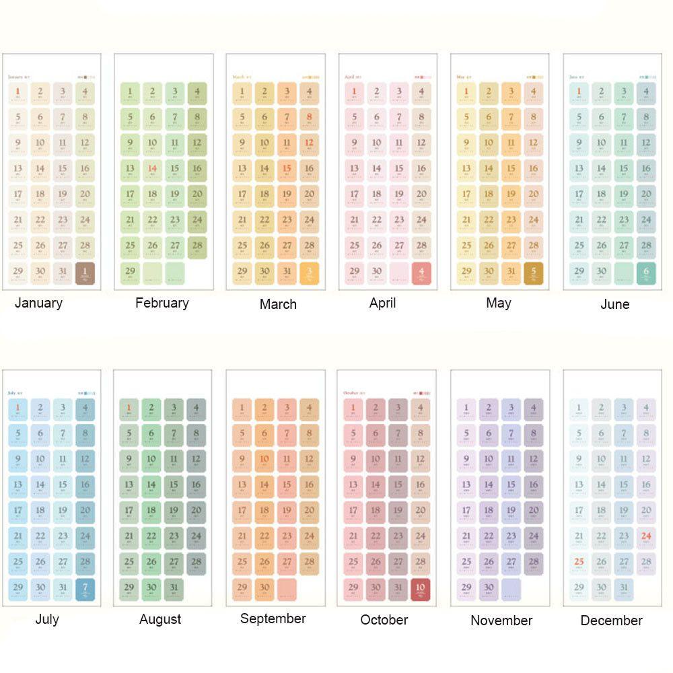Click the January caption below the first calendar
point(38,303)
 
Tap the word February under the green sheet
point(162,303)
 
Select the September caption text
point(273,618)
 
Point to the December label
point(611,621)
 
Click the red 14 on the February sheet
point(153,169)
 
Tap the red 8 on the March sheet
point(309,118)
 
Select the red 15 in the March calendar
point(287,169)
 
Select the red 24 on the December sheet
point(646,537)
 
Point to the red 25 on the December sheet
point(579,563)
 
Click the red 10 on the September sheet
point(264,460)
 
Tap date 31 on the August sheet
point(174,589)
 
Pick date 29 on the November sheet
point(466,589)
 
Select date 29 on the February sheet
point(130,272)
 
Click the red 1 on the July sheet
point(17,408)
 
